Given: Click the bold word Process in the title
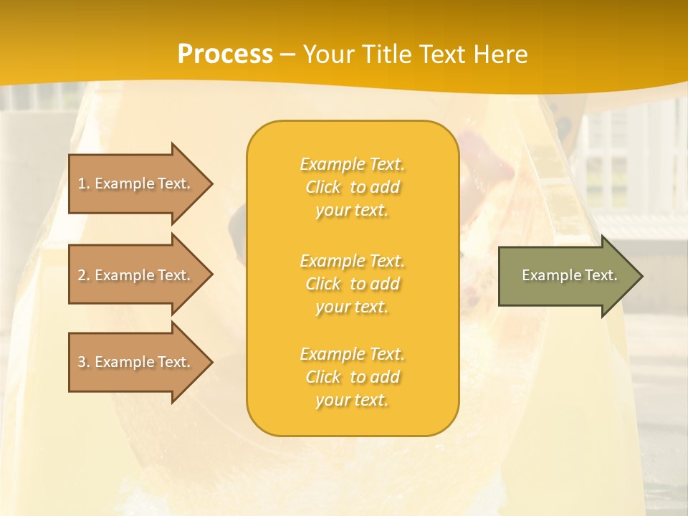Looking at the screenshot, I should tap(225, 54).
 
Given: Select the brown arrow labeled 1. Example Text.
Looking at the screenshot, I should tap(136, 183).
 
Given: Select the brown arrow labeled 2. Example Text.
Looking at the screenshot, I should tap(136, 275).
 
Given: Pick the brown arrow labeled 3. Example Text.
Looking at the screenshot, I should tap(136, 362).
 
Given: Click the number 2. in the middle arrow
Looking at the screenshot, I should tap(84, 275).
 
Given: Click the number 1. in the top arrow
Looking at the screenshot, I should tap(84, 183).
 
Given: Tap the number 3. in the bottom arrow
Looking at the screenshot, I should tap(84, 362).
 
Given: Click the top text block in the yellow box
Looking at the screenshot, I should tap(352, 187).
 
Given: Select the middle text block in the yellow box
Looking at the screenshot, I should tap(352, 284).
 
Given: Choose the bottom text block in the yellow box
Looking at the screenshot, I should tap(352, 377).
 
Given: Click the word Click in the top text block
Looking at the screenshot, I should tap(323, 187).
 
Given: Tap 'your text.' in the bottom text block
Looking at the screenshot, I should tap(352, 400).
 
